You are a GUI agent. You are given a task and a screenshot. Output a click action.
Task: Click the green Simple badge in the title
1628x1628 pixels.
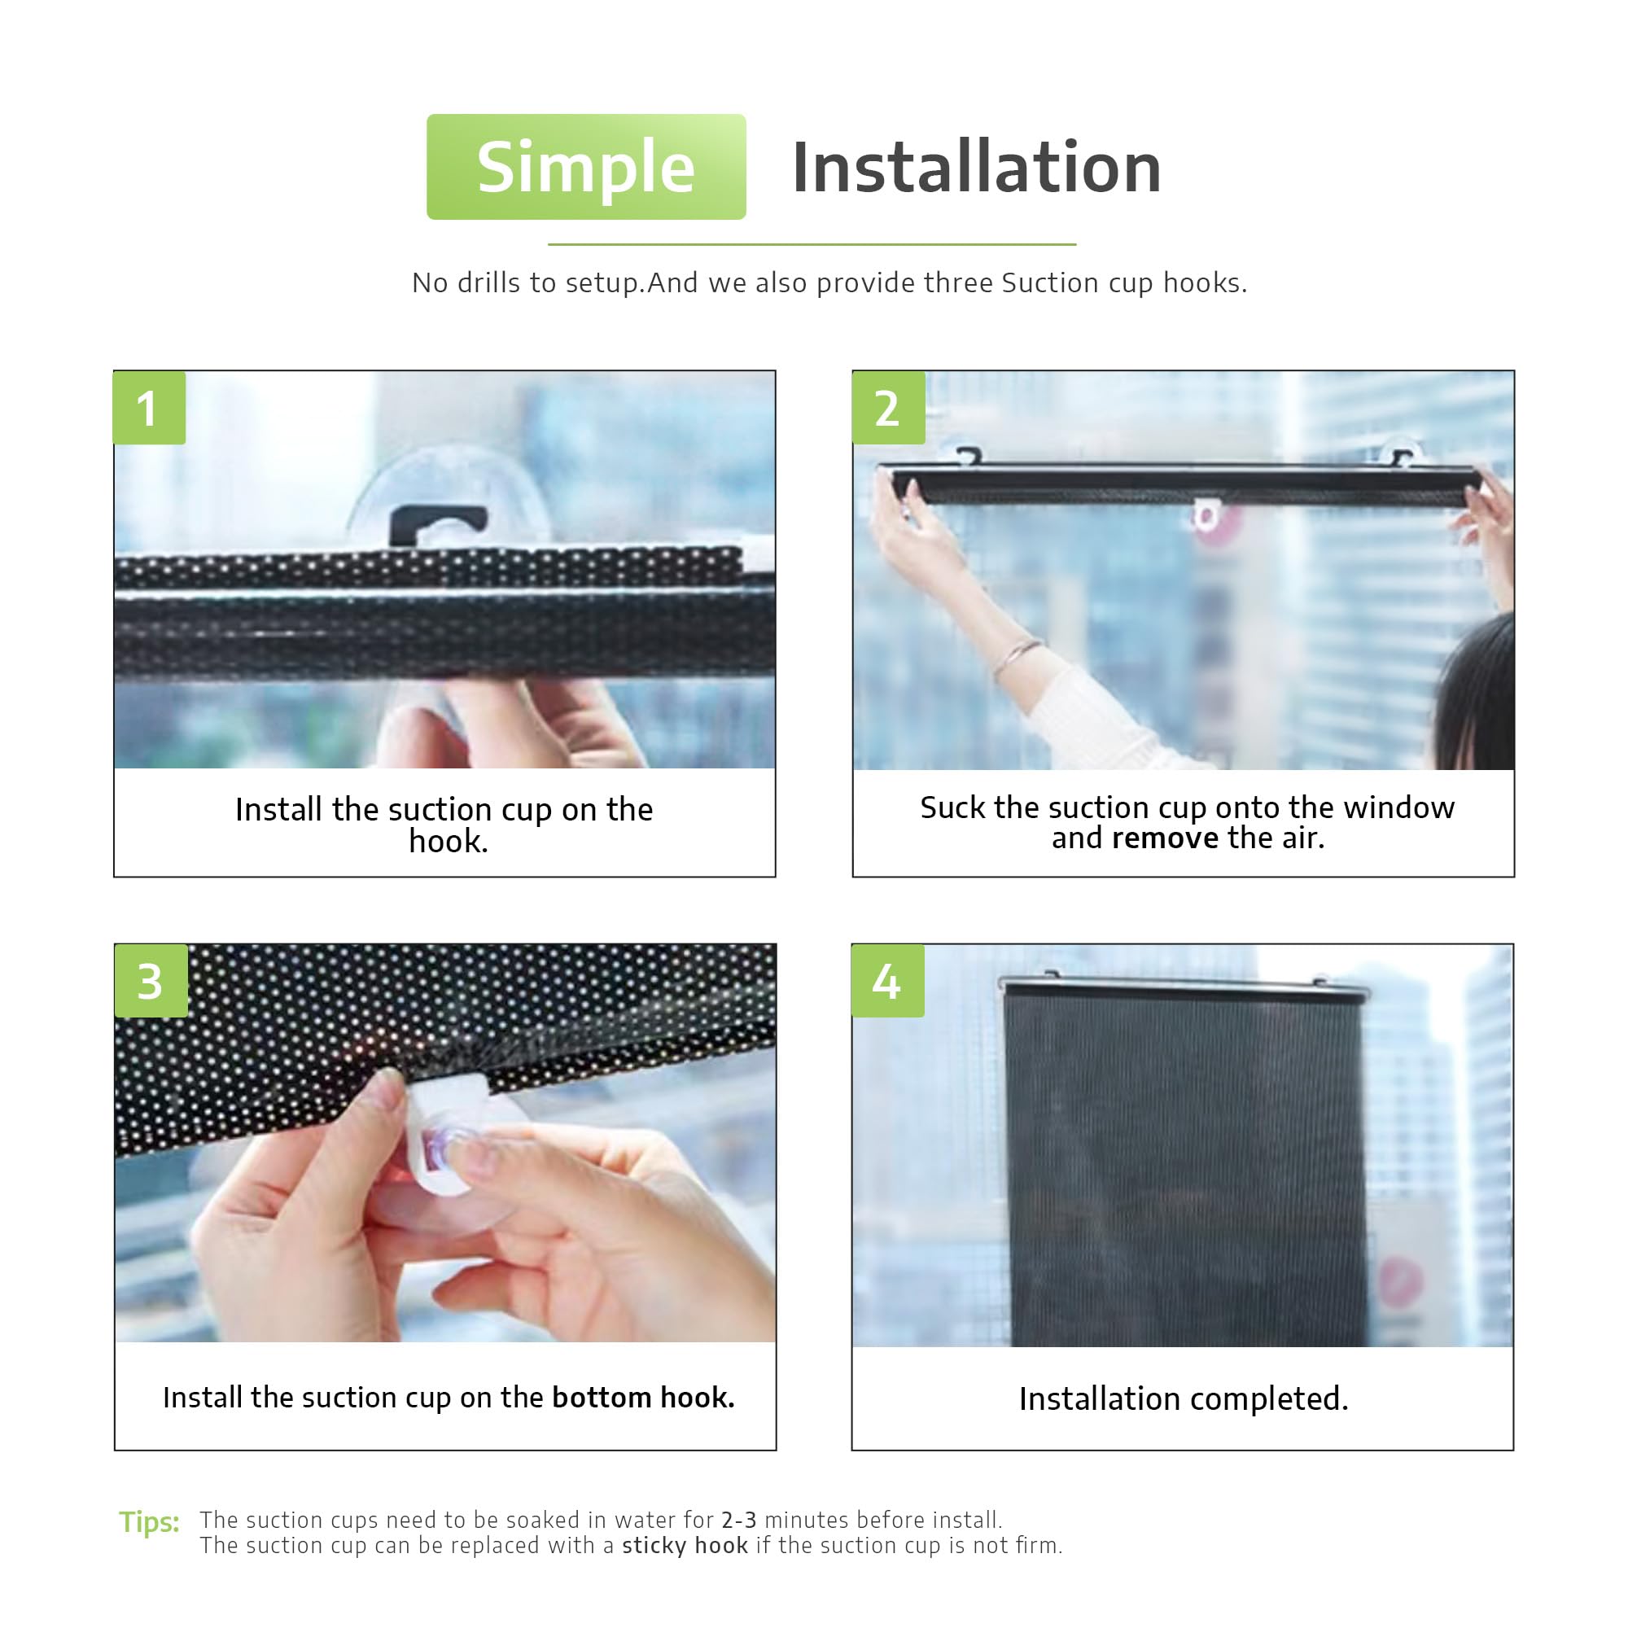585,167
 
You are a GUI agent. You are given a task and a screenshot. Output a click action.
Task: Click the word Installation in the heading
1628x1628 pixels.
977,168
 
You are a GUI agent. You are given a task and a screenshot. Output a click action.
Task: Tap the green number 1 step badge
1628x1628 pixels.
149,408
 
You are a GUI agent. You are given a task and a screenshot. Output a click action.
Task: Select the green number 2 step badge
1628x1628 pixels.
888,408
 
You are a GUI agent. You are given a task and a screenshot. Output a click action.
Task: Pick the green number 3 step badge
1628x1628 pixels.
151,981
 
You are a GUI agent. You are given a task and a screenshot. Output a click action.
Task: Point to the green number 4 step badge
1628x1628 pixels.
887,981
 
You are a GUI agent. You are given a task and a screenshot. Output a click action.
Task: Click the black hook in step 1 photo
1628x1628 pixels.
438,524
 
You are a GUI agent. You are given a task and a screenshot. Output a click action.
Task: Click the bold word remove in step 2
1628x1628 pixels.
1165,838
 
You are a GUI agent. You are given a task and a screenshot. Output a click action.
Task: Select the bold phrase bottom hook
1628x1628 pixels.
643,1398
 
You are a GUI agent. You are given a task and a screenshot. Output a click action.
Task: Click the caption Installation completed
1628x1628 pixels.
1183,1399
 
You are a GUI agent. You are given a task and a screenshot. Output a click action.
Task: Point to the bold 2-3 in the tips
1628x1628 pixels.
738,1520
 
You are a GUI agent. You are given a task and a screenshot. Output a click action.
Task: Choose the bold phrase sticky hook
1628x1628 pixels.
685,1546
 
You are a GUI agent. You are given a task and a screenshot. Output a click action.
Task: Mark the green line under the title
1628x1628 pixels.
812,244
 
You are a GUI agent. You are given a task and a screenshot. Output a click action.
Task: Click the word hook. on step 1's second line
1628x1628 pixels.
449,841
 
